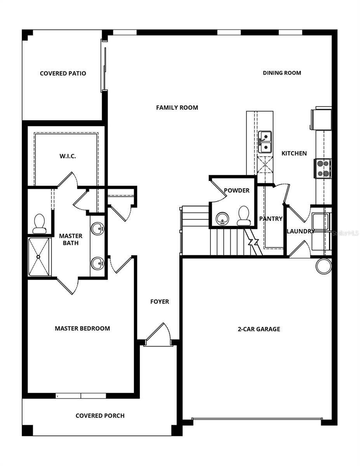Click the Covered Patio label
(x=63, y=73)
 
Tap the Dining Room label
(x=282, y=73)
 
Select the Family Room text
(x=177, y=108)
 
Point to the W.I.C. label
(x=68, y=156)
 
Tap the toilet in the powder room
(x=243, y=216)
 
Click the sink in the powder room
(x=223, y=219)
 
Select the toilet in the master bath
(x=40, y=224)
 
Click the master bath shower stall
(x=39, y=257)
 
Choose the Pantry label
(x=271, y=219)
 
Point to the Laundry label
(x=301, y=231)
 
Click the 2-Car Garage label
(x=259, y=329)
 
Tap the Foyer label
(x=160, y=301)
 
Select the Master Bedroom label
(x=82, y=329)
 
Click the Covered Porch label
(x=100, y=416)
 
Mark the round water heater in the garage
(x=323, y=266)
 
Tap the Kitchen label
(x=294, y=153)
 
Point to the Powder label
(x=237, y=191)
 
